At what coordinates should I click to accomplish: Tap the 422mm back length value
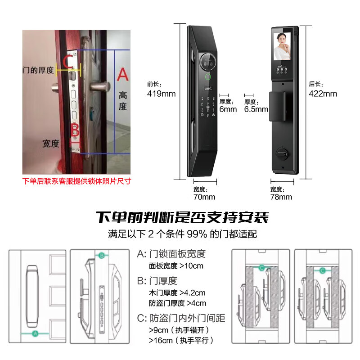coord(323,94)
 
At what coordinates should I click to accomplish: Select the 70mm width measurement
coord(204,197)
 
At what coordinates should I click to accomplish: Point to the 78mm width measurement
coord(281,197)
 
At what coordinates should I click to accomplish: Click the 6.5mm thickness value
coord(256,109)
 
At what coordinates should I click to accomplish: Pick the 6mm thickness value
coord(228,109)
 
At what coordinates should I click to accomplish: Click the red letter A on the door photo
coord(122,74)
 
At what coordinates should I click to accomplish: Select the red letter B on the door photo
coord(75,130)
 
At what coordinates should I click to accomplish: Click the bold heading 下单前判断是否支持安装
coord(182,218)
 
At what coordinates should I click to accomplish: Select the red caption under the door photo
coord(76,182)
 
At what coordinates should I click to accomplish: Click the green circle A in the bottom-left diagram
coord(35,333)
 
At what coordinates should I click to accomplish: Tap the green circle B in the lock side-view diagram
coord(102,256)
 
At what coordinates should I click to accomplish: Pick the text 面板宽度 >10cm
coord(176,266)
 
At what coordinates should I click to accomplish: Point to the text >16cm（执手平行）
coord(181,340)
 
